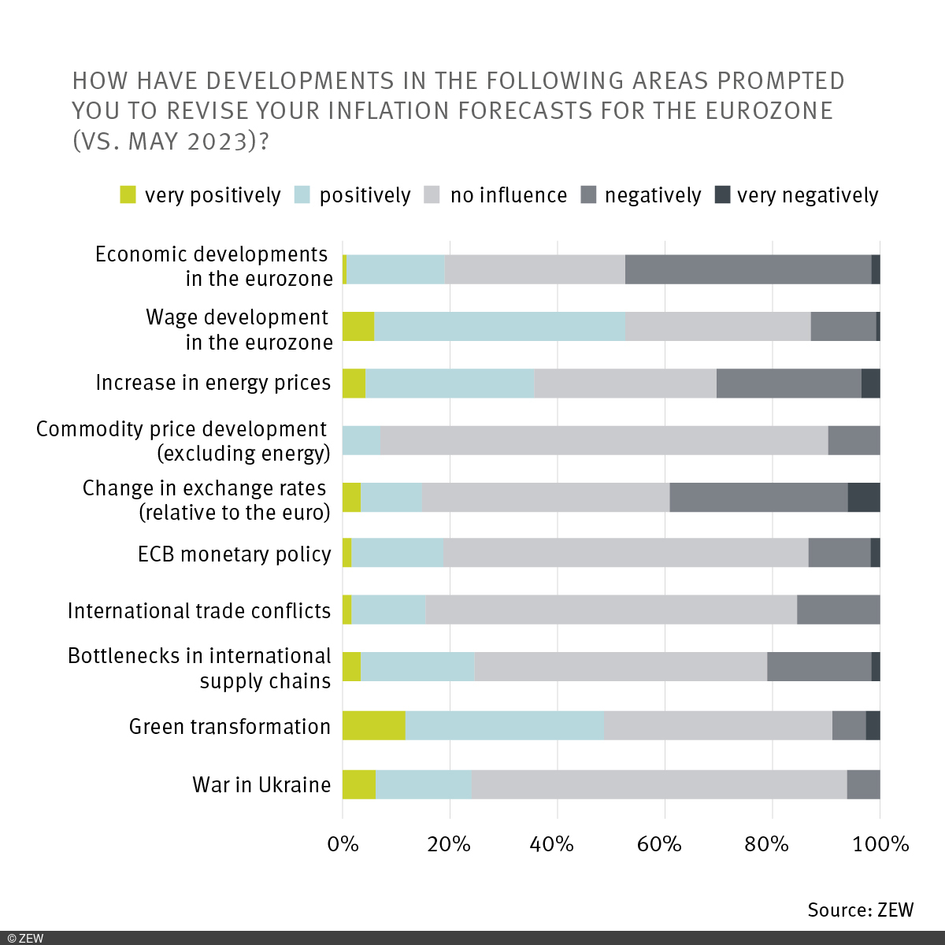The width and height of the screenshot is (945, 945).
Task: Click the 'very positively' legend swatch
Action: click(128, 195)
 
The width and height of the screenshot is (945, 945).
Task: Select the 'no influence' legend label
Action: click(508, 195)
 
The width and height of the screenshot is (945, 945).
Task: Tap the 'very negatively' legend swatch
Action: click(722, 195)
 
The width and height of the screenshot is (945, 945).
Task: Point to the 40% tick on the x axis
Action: click(552, 844)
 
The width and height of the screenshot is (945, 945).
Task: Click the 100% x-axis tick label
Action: click(880, 844)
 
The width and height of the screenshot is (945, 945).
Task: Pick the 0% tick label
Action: click(343, 844)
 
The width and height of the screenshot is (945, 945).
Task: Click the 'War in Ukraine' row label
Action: click(261, 785)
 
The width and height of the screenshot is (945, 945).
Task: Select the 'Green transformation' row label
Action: click(230, 726)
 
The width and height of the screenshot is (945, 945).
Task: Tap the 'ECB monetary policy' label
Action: click(234, 554)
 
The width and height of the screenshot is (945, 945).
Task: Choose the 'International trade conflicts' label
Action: click(199, 611)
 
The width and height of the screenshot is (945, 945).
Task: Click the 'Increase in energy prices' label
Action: click(213, 383)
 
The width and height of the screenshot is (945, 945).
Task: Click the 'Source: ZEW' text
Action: click(860, 910)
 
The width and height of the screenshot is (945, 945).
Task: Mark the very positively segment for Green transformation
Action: click(374, 725)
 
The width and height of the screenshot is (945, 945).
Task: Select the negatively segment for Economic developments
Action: click(748, 269)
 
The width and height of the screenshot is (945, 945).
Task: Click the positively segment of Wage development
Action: click(499, 326)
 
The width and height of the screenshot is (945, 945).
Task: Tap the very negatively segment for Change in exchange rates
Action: click(864, 498)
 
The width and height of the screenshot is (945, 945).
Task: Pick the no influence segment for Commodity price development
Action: click(604, 440)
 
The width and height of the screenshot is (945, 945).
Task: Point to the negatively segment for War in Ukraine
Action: click(863, 784)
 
